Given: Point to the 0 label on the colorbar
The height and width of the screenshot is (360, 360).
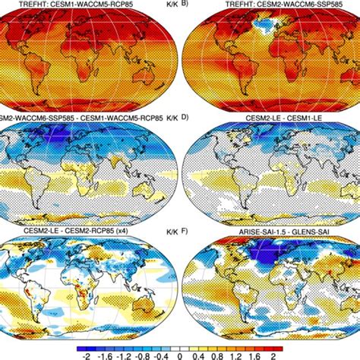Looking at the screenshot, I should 180,353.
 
